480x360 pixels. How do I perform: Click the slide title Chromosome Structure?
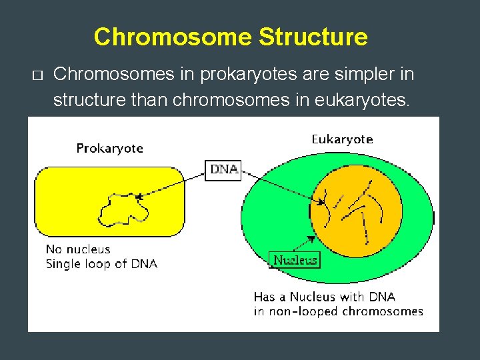click(x=230, y=37)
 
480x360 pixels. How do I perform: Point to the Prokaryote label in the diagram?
click(x=109, y=148)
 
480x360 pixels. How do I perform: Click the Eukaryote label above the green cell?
click(x=342, y=139)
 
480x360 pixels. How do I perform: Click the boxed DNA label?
click(x=224, y=169)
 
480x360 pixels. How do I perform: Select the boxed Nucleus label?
click(x=293, y=260)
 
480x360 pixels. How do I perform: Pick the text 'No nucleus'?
click(x=78, y=249)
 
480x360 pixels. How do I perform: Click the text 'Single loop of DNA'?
click(x=101, y=264)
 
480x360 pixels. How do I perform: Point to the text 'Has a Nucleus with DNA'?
click(x=324, y=297)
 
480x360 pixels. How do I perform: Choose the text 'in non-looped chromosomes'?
click(x=338, y=311)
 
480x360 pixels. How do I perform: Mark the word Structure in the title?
click(x=313, y=37)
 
